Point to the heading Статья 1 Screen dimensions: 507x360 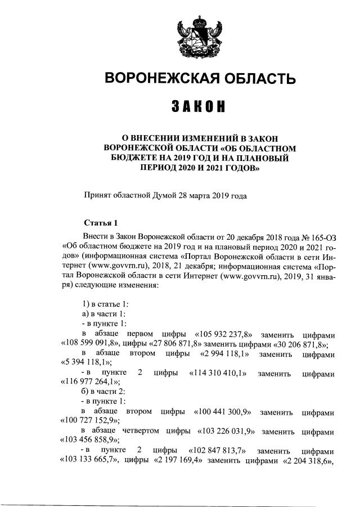pyautogui.click(x=101, y=223)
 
